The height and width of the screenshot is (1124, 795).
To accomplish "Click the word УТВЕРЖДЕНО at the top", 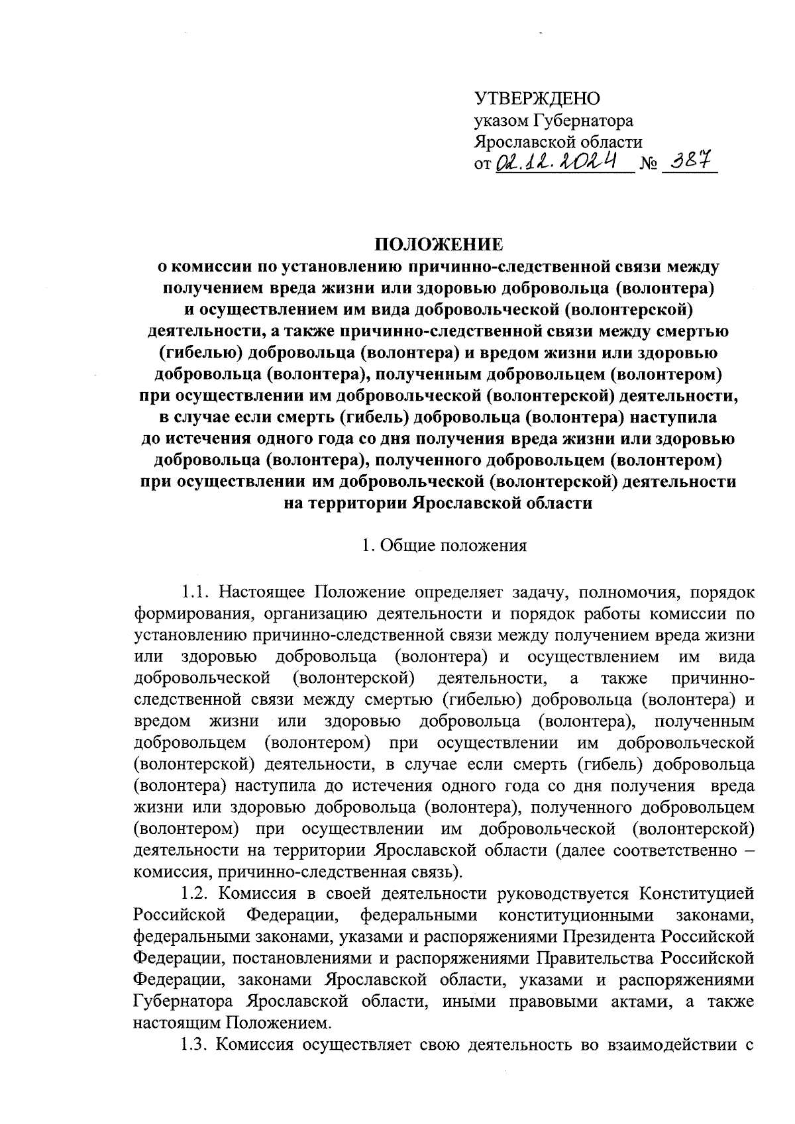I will (x=537, y=99).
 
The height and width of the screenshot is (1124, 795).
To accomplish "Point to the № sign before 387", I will (x=650, y=164).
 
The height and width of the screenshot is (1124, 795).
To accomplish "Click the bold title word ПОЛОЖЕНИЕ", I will (x=440, y=245).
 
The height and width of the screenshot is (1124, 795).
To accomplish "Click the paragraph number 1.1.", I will (x=195, y=591).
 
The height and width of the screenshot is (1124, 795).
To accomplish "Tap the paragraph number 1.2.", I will (x=195, y=894).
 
